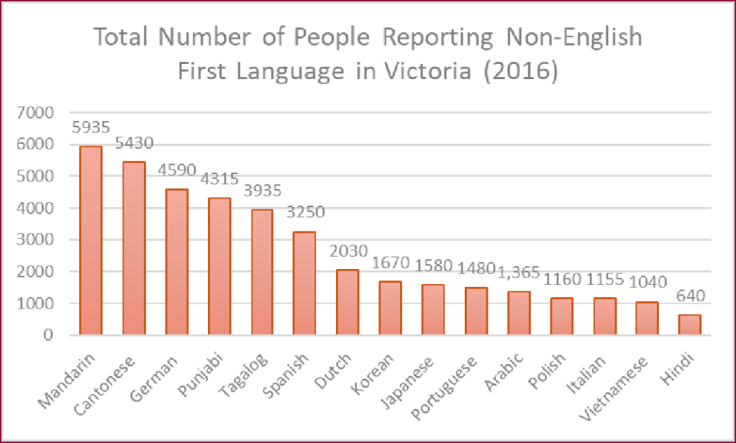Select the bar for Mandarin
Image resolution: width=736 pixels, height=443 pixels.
(x=91, y=241)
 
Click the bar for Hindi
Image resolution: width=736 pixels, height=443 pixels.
(x=689, y=324)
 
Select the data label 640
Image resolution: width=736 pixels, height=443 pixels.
(x=689, y=296)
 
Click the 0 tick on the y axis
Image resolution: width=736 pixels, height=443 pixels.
(x=49, y=335)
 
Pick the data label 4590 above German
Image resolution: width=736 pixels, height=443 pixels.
(x=176, y=171)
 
